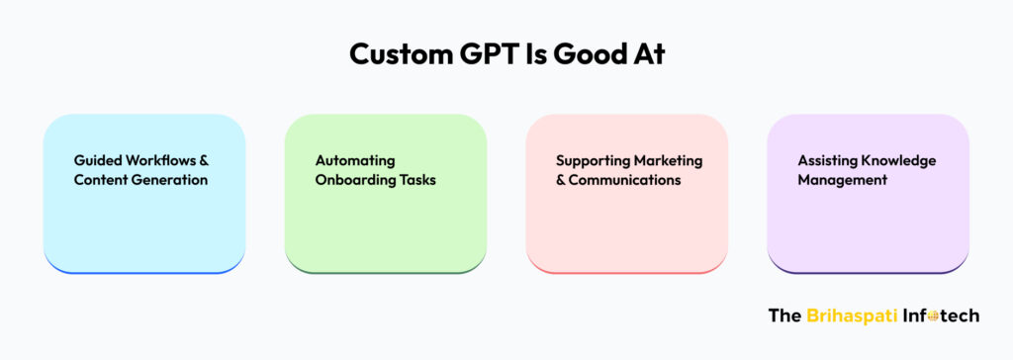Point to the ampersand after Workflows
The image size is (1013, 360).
pyautogui.click(x=203, y=159)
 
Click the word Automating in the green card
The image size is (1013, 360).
pyautogui.click(x=355, y=160)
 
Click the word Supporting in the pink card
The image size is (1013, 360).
pyautogui.click(x=593, y=160)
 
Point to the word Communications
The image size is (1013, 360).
pyautogui.click(x=625, y=180)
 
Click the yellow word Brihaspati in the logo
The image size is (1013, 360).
pyautogui.click(x=852, y=315)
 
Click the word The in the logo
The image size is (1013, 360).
pyautogui.click(x=784, y=315)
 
